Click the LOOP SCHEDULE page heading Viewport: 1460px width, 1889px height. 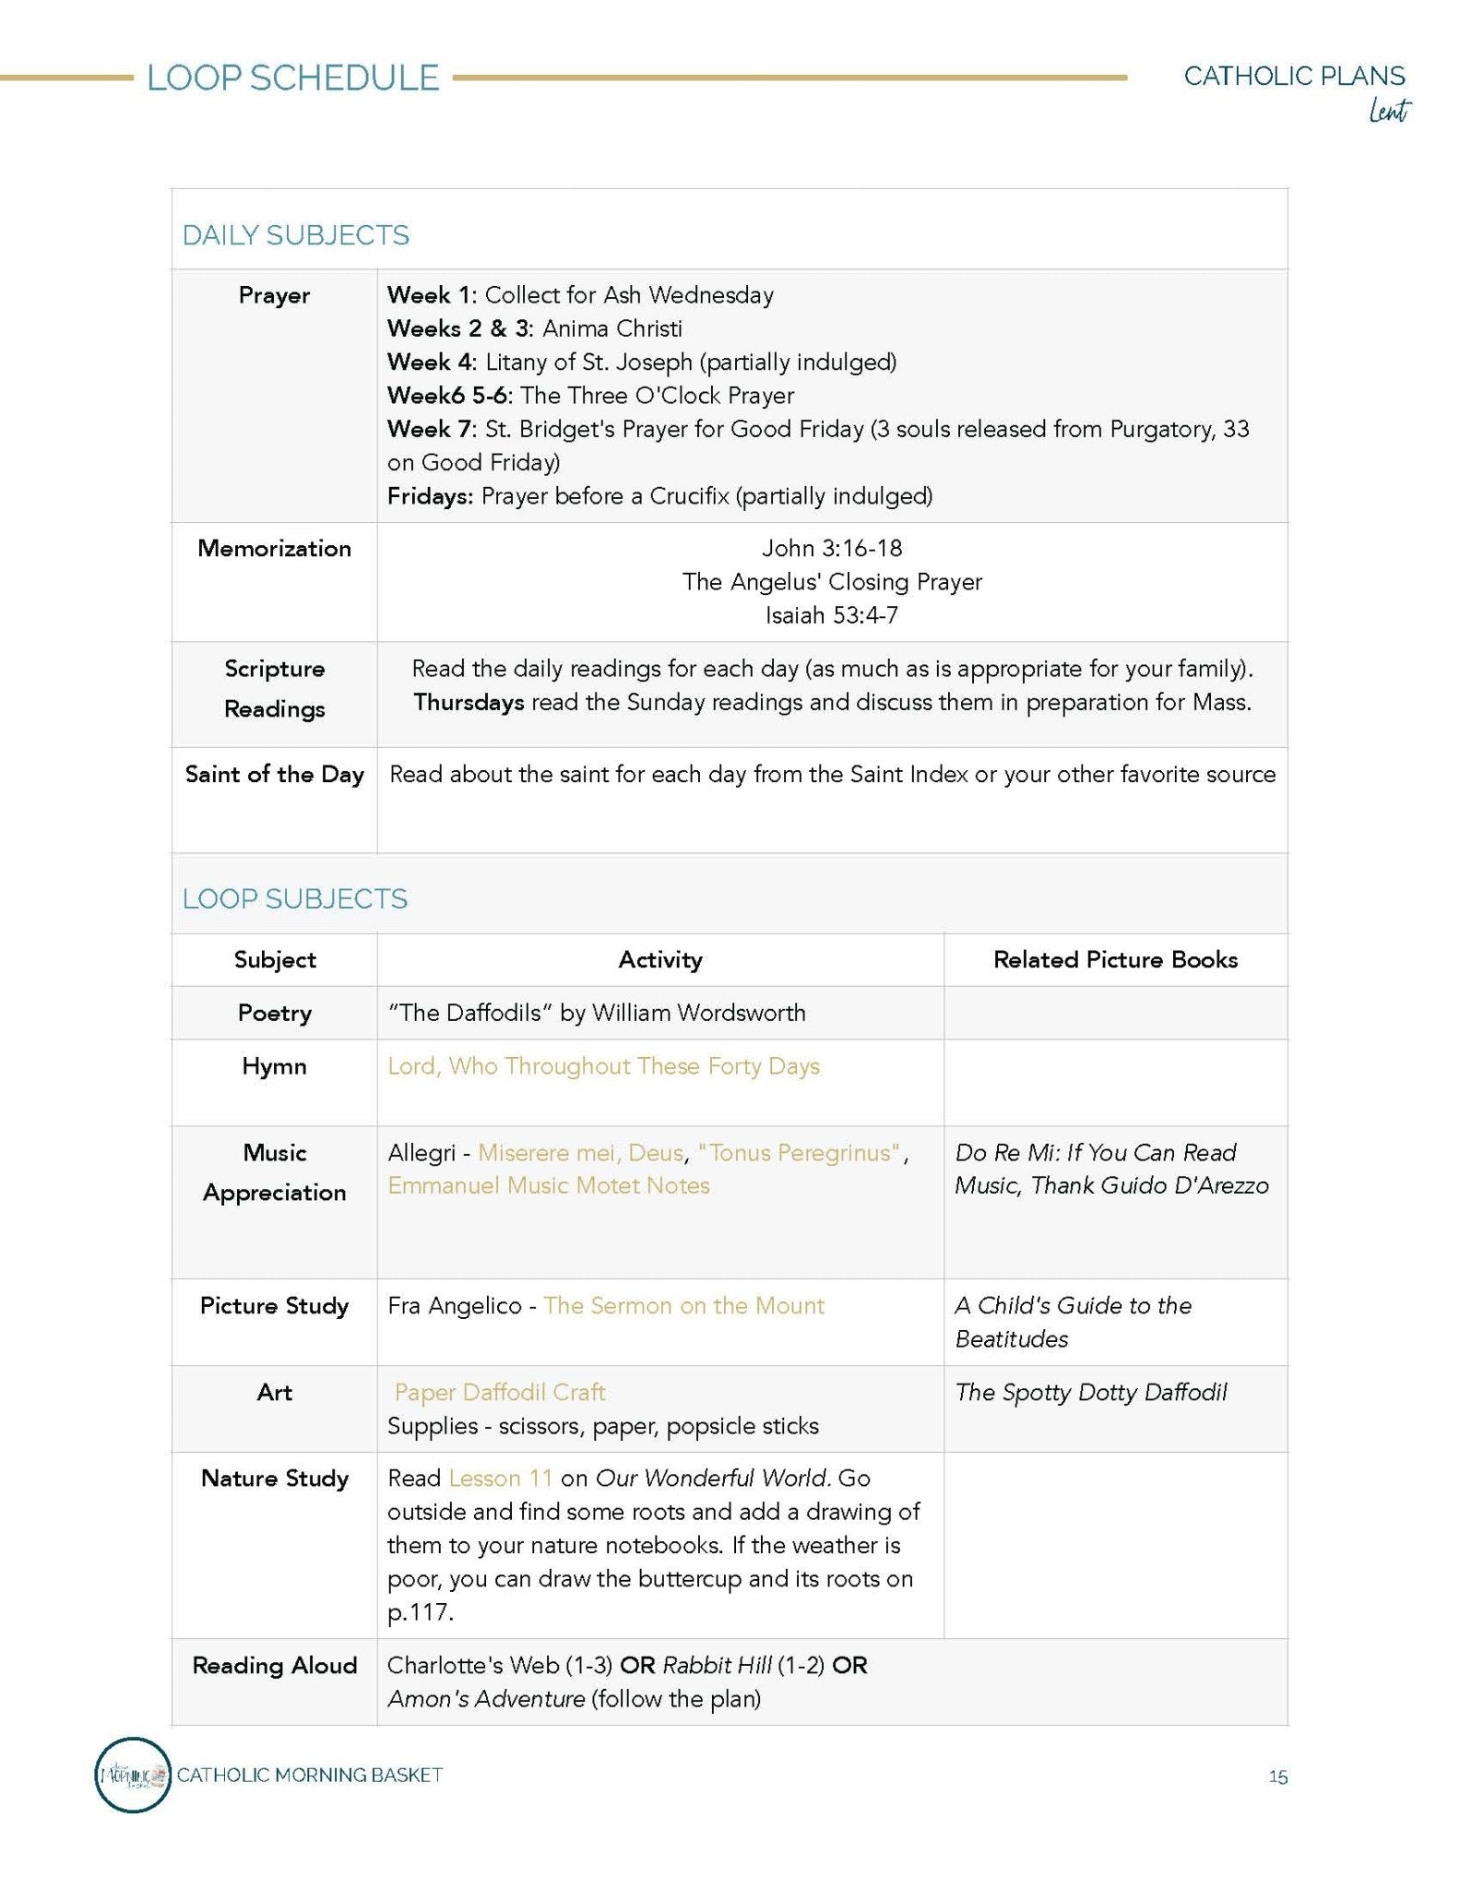(x=292, y=78)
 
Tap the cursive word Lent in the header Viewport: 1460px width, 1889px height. (x=1388, y=112)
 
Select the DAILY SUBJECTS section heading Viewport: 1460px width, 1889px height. (x=295, y=235)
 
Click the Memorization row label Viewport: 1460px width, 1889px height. (x=274, y=549)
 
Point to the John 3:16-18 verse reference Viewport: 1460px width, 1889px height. (x=831, y=549)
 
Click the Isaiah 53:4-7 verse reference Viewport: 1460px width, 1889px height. (x=831, y=615)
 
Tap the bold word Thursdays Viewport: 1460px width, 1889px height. (x=469, y=703)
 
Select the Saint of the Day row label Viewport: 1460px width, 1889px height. (x=274, y=775)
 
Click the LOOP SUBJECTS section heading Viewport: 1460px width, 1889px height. (x=294, y=899)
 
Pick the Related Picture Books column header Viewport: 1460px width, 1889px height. (x=1114, y=960)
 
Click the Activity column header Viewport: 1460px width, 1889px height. (x=659, y=960)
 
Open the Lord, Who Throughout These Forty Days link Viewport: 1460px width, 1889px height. (x=603, y=1066)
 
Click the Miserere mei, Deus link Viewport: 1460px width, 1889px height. (x=580, y=1153)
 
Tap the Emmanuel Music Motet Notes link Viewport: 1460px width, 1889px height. (x=548, y=1186)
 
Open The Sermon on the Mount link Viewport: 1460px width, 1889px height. (x=683, y=1306)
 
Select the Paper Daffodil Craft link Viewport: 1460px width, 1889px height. (x=499, y=1393)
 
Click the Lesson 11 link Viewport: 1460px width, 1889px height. (x=500, y=1479)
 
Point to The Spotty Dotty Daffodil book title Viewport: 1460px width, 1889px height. (x=1090, y=1393)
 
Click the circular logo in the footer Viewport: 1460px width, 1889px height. (x=133, y=1775)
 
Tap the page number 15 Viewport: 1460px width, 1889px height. (x=1277, y=1777)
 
